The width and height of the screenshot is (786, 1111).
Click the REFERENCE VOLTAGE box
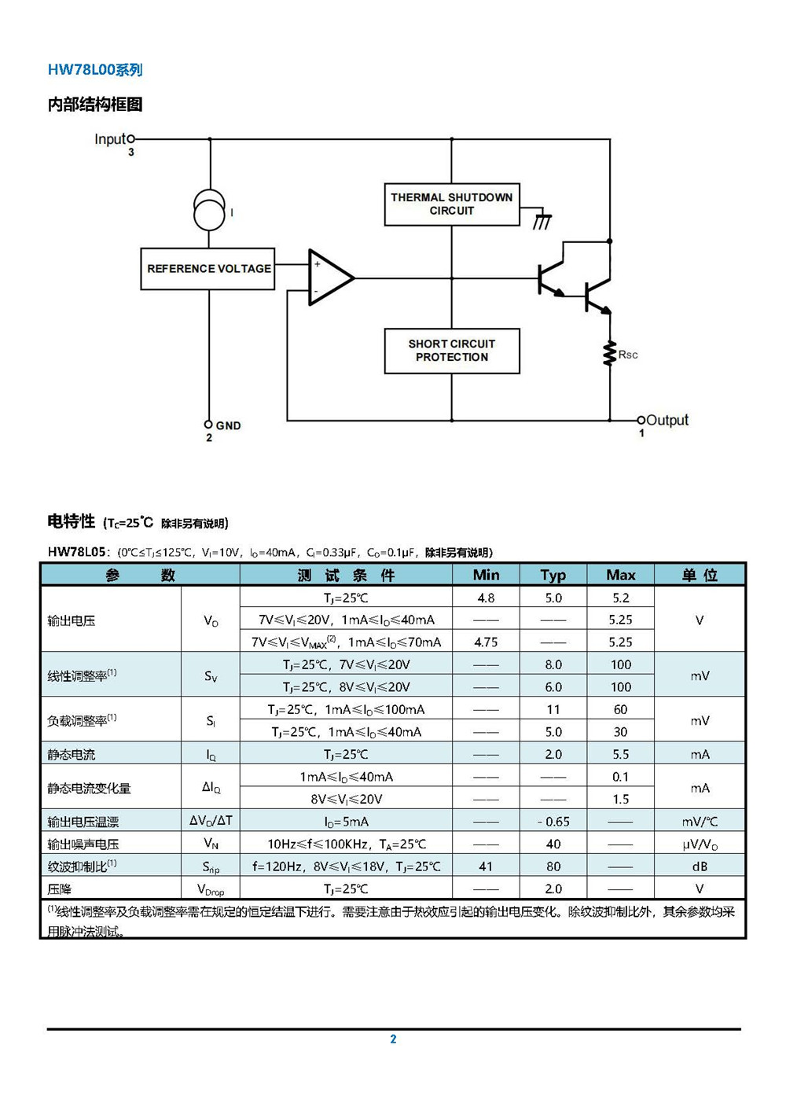pos(208,268)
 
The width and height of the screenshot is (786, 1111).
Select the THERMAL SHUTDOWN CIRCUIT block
pos(452,204)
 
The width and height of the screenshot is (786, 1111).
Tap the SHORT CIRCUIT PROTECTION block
pos(452,350)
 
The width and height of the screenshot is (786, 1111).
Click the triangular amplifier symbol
pos(331,278)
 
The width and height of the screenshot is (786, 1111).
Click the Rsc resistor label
pos(628,355)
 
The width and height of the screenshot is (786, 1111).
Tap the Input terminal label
pos(110,139)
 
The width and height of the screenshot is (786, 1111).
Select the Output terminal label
pos(667,420)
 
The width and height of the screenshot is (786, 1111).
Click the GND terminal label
pos(228,425)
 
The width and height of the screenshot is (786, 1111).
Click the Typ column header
pos(553,575)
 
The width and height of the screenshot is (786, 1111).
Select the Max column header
pos(620,575)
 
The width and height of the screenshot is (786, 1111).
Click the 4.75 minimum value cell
pos(486,642)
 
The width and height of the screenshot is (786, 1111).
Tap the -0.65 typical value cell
pos(553,822)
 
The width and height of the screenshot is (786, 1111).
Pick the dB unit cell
pos(700,866)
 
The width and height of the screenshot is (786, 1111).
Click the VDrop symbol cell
pos(211,888)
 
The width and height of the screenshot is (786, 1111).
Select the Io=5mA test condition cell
pos(346,822)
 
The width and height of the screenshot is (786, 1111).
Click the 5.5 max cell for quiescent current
pos(620,754)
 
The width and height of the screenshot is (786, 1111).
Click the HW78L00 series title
pos(95,69)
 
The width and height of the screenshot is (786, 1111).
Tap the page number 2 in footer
pos(393,1039)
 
